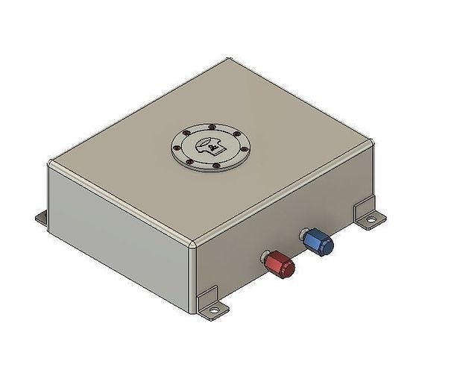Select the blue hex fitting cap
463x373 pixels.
click(320, 241)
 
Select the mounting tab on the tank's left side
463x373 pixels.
click(42, 219)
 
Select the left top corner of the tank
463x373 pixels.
click(51, 163)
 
